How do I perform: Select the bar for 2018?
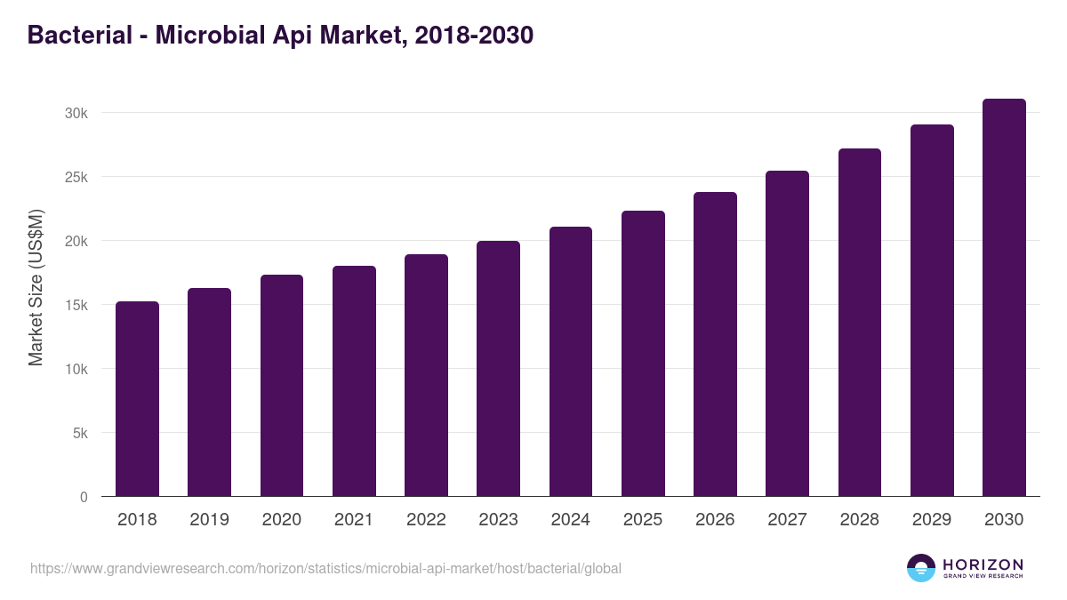[x=137, y=399]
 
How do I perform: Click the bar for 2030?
[x=1004, y=298]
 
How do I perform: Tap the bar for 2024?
[x=571, y=362]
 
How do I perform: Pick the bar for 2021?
[x=354, y=381]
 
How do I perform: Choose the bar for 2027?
[x=787, y=333]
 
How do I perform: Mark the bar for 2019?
[x=209, y=392]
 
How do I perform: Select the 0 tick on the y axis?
[x=84, y=497]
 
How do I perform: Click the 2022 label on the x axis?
[x=426, y=520]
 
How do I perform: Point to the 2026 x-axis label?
[x=715, y=520]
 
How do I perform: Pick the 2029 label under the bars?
[x=932, y=520]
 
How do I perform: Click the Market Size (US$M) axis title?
[x=36, y=287]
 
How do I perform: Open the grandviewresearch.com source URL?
[x=325, y=568]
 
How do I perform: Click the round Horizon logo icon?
[x=921, y=568]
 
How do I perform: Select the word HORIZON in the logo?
[x=983, y=564]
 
